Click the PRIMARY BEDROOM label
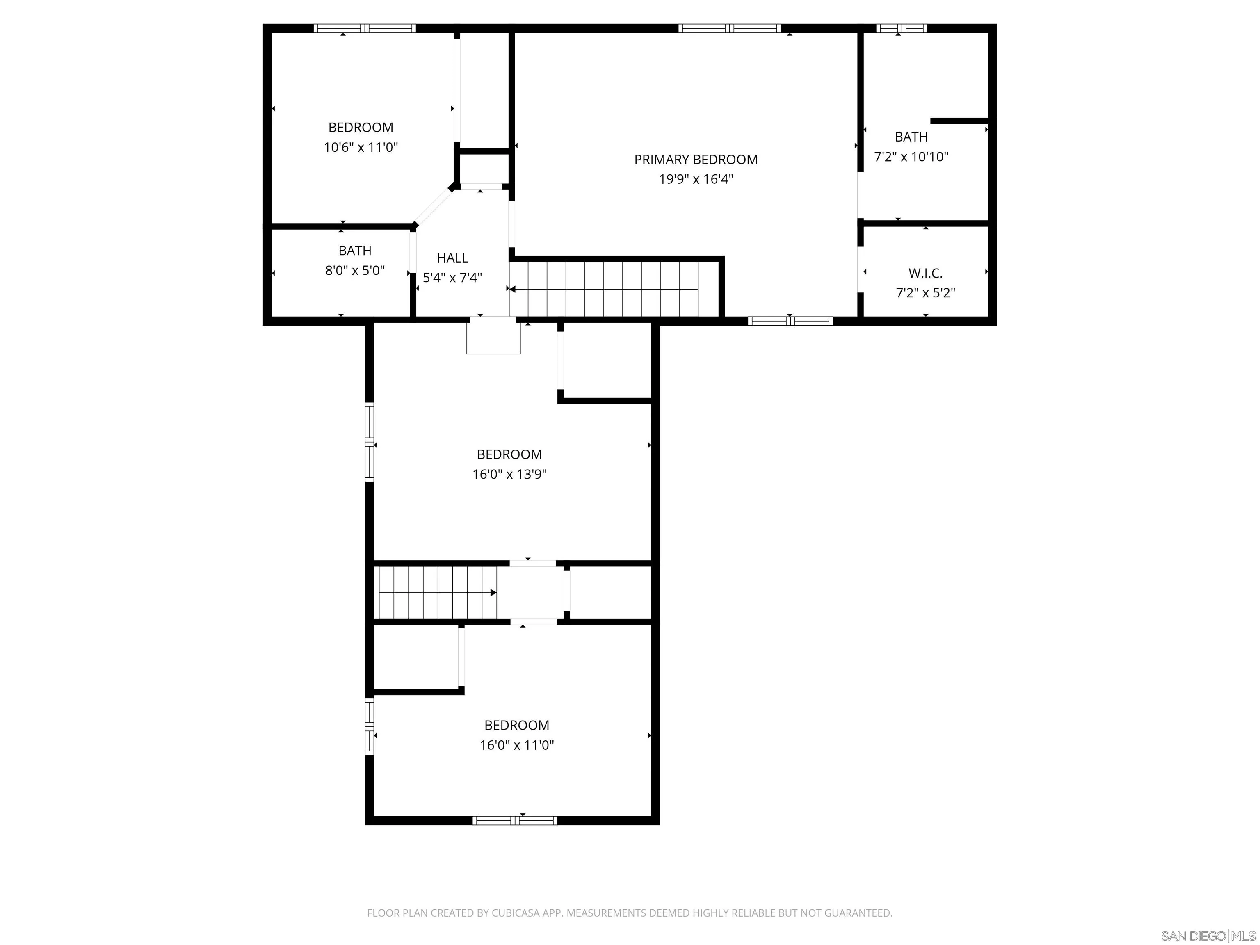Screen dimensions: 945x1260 pyautogui.click(x=696, y=160)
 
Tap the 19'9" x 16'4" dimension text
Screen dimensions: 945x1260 pyautogui.click(x=696, y=179)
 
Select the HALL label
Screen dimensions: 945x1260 pyautogui.click(x=452, y=258)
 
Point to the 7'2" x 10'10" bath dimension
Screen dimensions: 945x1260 pyautogui.click(x=911, y=157)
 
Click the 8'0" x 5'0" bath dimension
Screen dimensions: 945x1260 pyautogui.click(x=355, y=271)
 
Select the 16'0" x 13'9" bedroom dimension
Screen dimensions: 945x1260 pyautogui.click(x=509, y=474)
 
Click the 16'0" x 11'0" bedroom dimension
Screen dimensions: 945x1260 pyautogui.click(x=517, y=745)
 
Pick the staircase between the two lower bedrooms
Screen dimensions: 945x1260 pyautogui.click(x=436, y=592)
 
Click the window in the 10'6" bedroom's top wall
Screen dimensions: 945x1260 pyautogui.click(x=365, y=28)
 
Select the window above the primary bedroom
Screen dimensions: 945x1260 pyautogui.click(x=729, y=28)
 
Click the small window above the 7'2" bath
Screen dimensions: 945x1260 pyautogui.click(x=901, y=28)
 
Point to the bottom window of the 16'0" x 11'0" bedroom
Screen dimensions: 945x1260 pyautogui.click(x=514, y=820)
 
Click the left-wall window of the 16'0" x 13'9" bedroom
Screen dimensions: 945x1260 pyautogui.click(x=369, y=442)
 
